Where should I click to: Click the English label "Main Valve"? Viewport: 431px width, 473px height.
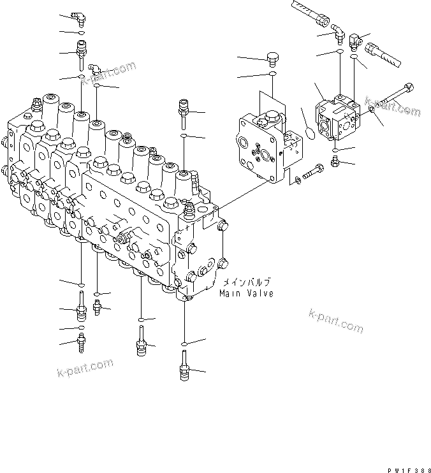click(245, 294)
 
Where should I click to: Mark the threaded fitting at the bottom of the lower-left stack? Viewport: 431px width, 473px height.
click(80, 344)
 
